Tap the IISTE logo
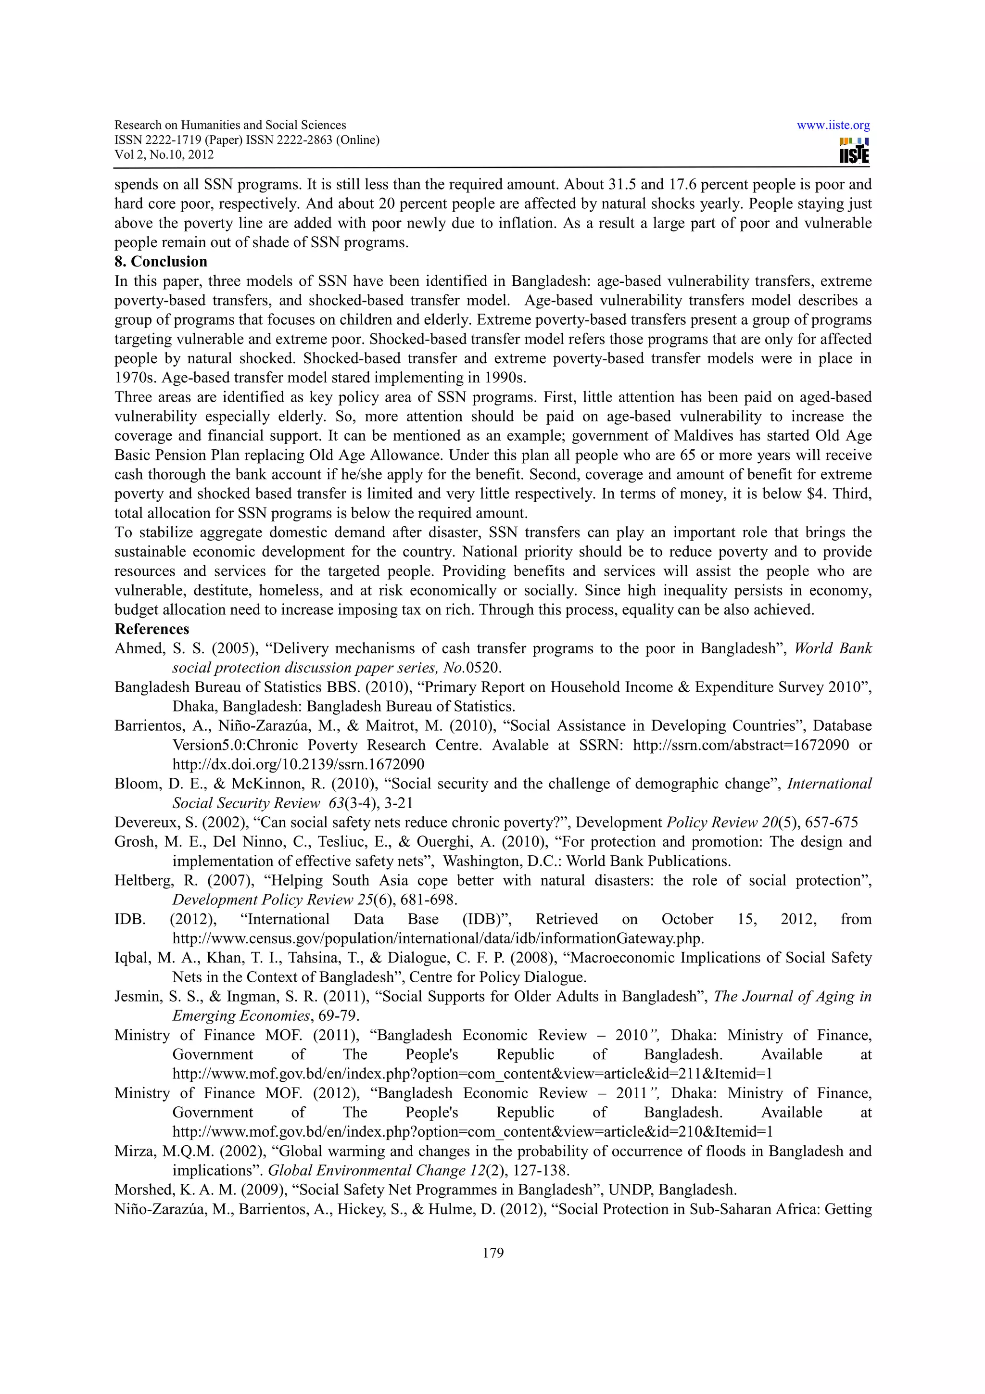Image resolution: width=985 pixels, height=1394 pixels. (x=854, y=151)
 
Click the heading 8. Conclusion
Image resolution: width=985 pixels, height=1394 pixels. (x=161, y=262)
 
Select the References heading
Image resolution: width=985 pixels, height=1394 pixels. (x=152, y=629)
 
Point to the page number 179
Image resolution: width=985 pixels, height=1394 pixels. (x=493, y=1253)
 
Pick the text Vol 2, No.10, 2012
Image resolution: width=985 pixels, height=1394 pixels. (x=164, y=154)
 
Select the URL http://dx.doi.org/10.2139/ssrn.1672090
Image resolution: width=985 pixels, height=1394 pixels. (x=298, y=764)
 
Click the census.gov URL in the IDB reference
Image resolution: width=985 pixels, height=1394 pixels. (x=438, y=938)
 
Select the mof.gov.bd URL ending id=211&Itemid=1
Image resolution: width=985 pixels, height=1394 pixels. (x=472, y=1074)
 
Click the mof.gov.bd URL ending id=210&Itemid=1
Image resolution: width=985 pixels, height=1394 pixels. (x=472, y=1132)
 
